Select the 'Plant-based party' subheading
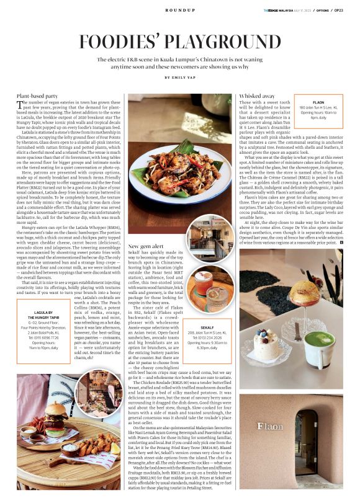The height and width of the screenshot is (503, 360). [38, 96]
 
